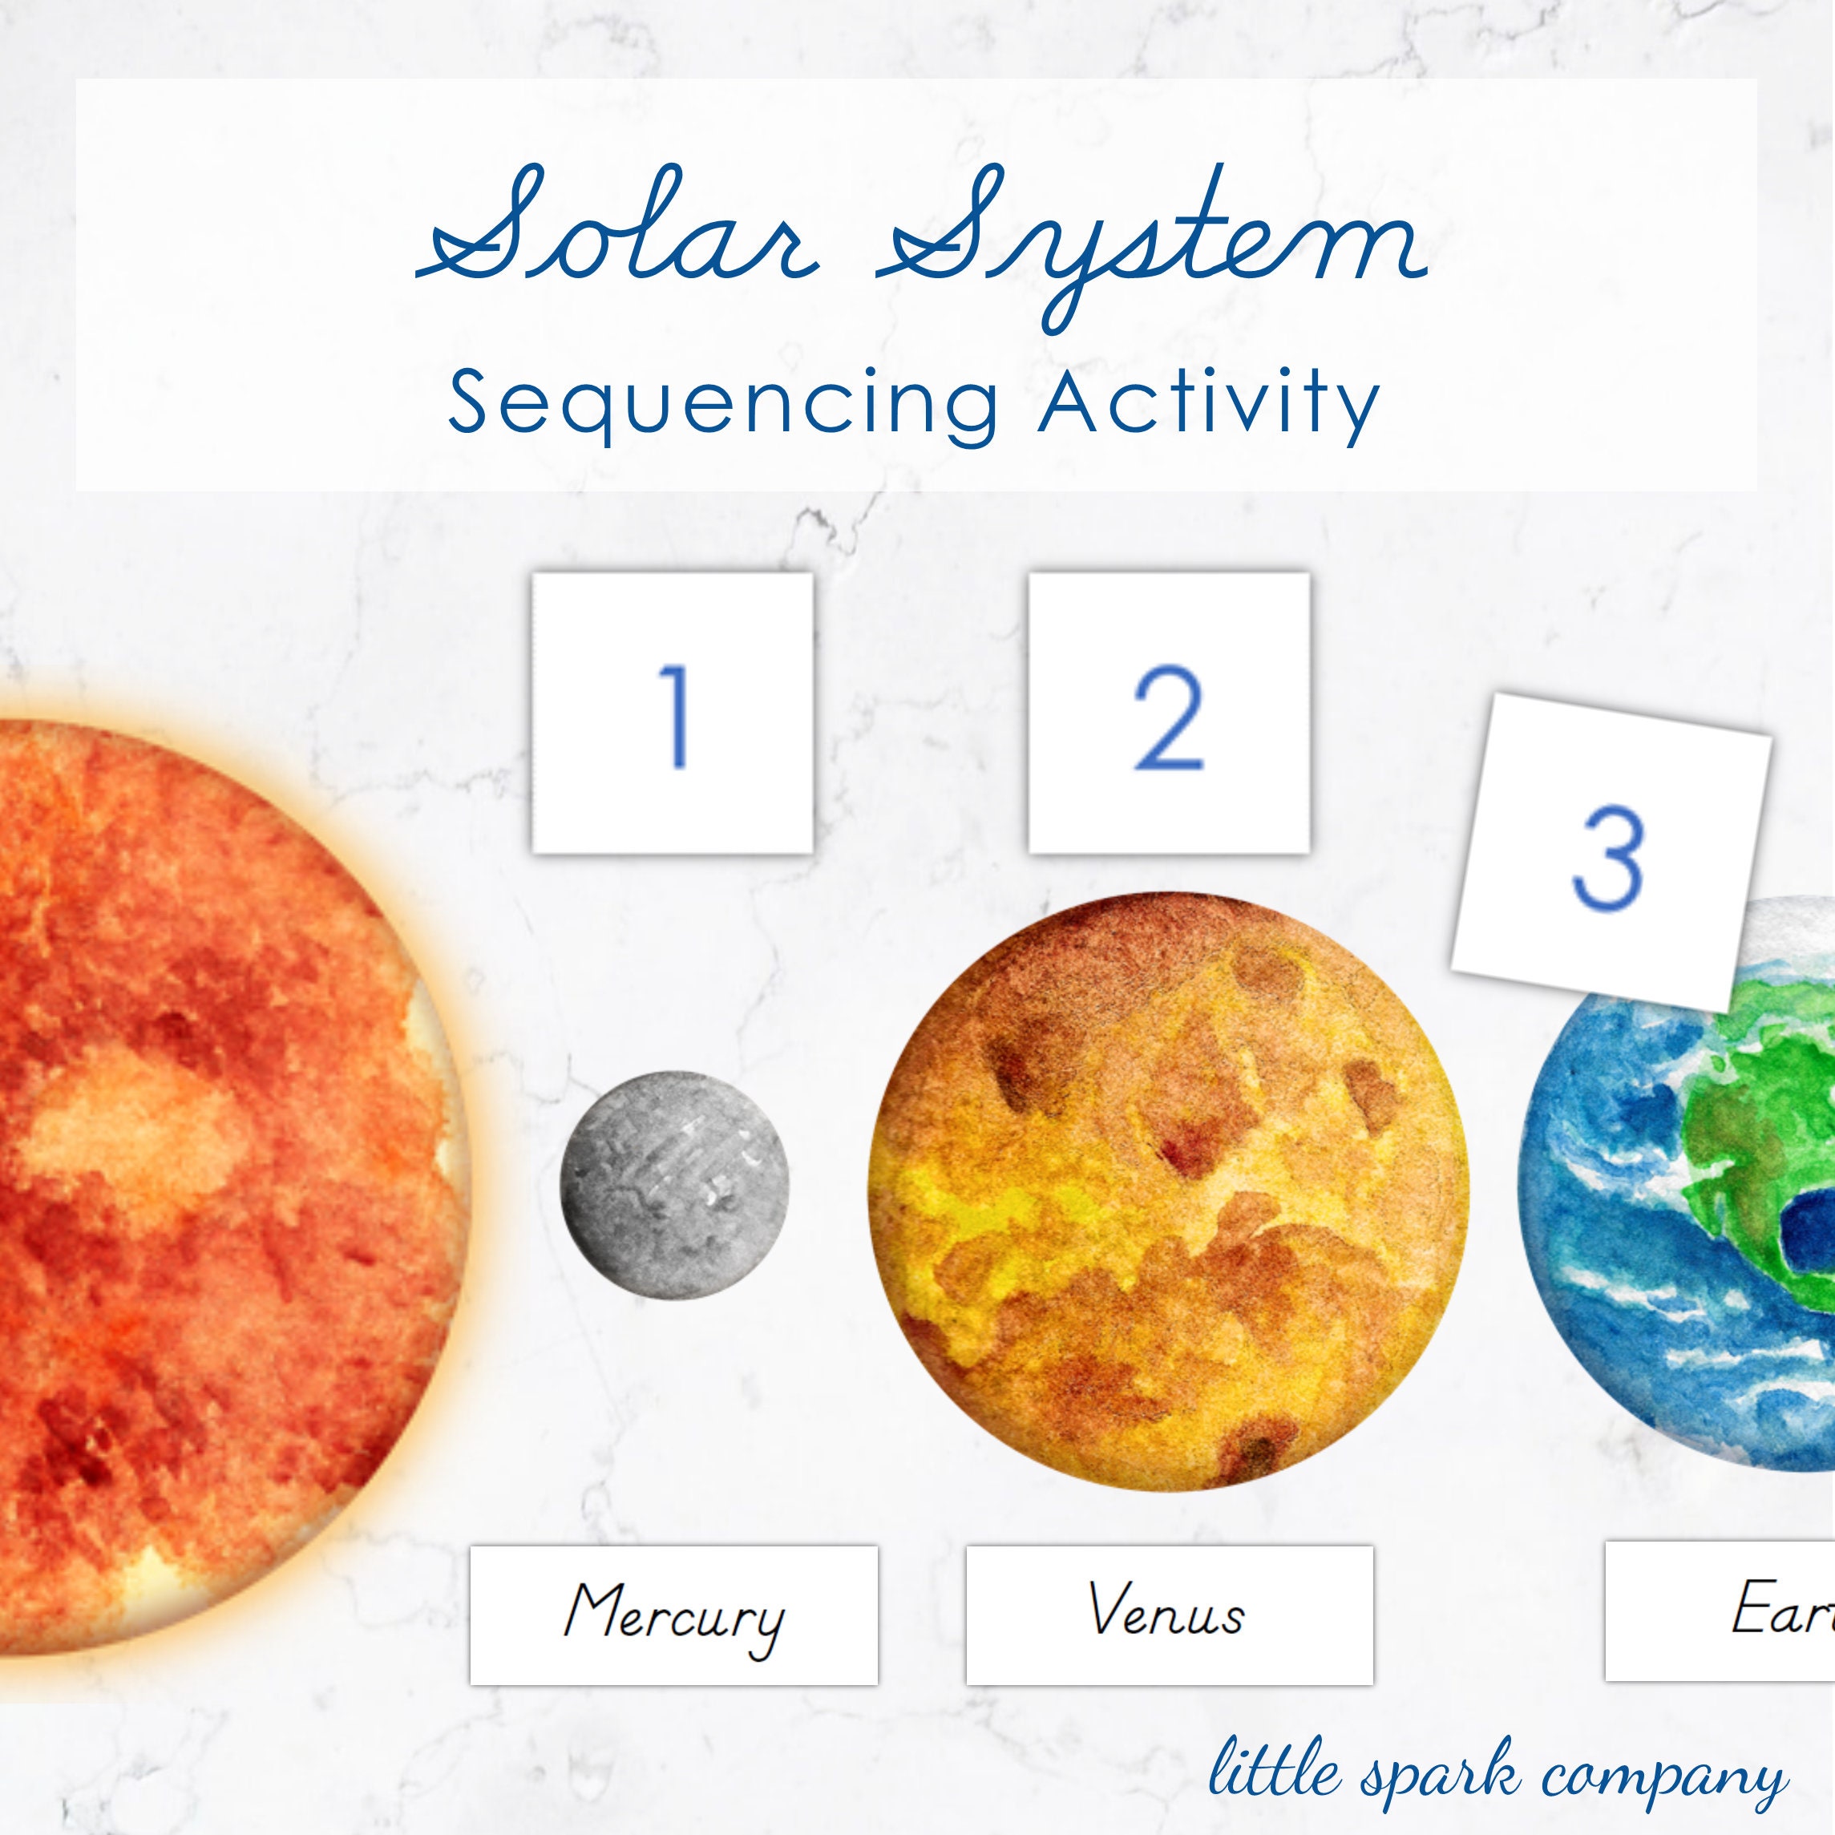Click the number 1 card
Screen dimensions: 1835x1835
click(673, 713)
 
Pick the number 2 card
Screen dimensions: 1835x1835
click(1169, 713)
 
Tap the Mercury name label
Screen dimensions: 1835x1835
click(673, 1615)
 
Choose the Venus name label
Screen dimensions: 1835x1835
click(1169, 1615)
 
